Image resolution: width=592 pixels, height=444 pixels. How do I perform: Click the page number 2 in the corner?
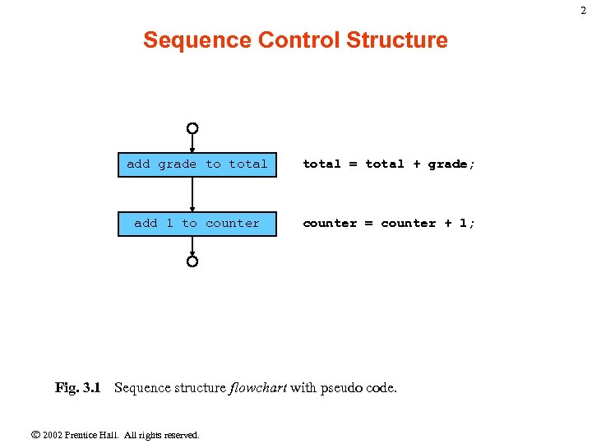(583, 10)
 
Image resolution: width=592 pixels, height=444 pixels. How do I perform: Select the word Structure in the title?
(398, 40)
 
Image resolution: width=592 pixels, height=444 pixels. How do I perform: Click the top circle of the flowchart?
(192, 128)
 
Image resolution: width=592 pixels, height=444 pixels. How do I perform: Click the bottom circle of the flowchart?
(192, 261)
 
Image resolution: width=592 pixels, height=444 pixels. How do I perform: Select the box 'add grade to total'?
(197, 164)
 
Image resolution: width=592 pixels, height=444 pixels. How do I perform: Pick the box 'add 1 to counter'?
(197, 224)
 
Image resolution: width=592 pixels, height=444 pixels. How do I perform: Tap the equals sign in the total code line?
(354, 164)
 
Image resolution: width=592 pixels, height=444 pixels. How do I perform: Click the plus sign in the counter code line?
(448, 224)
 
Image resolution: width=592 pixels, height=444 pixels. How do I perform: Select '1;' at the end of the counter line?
(467, 224)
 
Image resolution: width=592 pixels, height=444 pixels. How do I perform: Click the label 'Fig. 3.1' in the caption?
(77, 387)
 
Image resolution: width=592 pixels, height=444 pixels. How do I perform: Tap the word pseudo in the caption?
(345, 387)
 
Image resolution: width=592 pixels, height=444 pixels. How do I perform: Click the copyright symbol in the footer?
(35, 434)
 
